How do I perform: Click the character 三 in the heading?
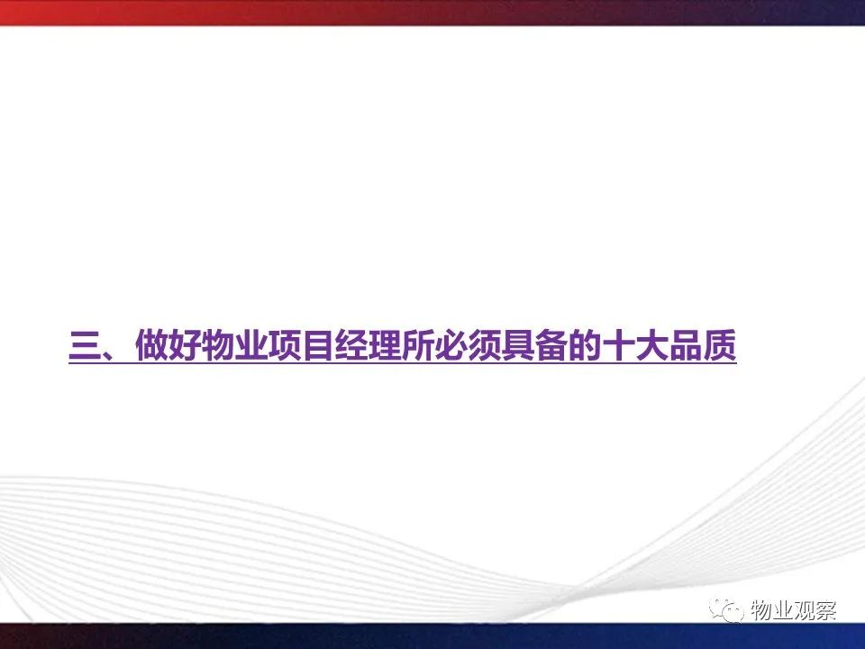click(x=85, y=345)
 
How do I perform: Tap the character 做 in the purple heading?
click(x=151, y=345)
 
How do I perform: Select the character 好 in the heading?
click(x=184, y=345)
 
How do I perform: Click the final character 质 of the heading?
click(x=719, y=345)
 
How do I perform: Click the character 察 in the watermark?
click(x=826, y=610)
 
